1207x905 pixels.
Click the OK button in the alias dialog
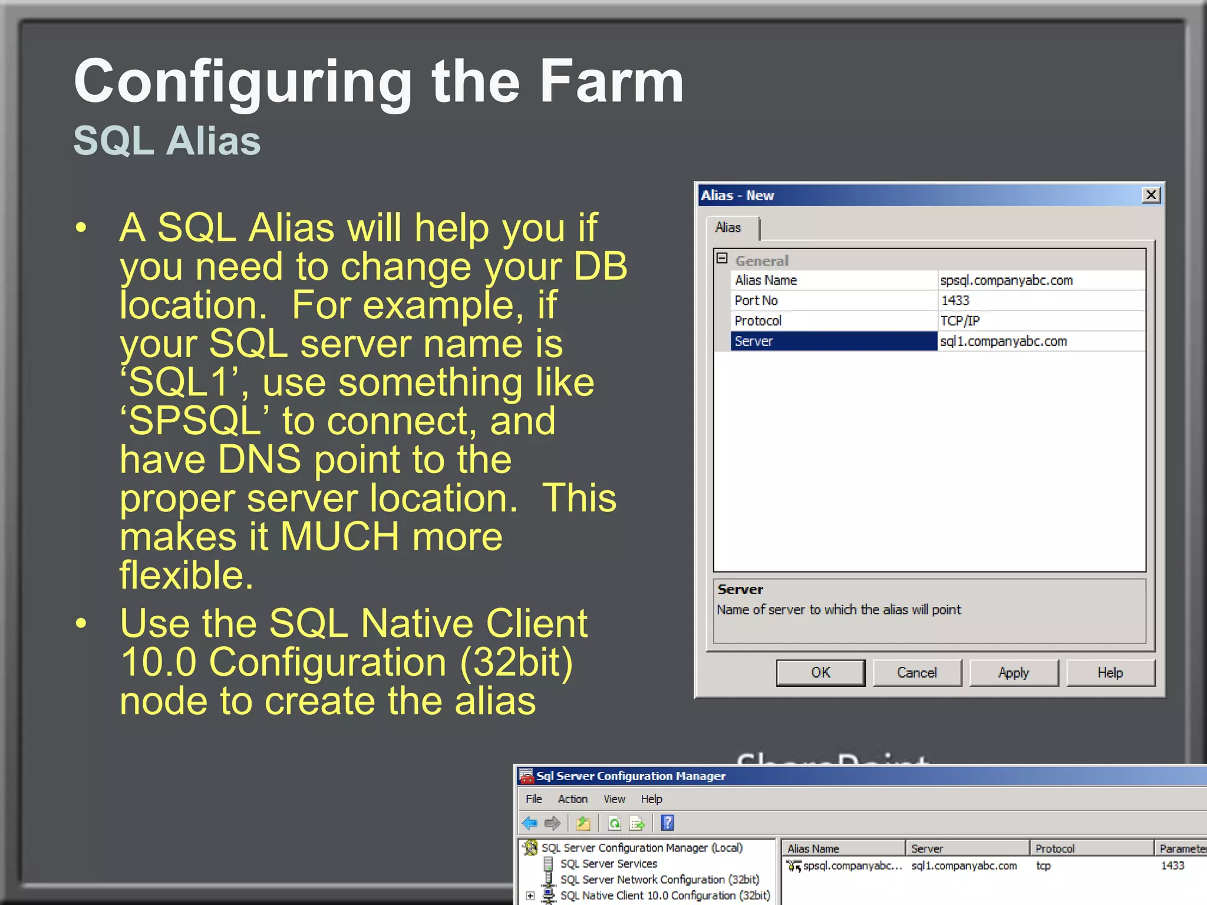pyautogui.click(x=820, y=672)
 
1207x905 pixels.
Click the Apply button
pyautogui.click(x=1013, y=672)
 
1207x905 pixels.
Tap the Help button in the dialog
pyautogui.click(x=1110, y=672)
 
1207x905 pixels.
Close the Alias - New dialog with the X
pyautogui.click(x=1150, y=195)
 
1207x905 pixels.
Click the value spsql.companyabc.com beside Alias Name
pyautogui.click(x=1006, y=280)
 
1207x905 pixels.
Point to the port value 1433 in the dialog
pyautogui.click(x=955, y=300)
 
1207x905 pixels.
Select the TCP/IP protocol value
pyautogui.click(x=959, y=321)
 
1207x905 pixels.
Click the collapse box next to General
pyautogui.click(x=722, y=258)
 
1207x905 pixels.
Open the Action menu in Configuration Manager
pyautogui.click(x=572, y=799)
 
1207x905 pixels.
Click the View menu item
pyautogui.click(x=614, y=799)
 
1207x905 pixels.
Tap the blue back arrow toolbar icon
pyautogui.click(x=529, y=823)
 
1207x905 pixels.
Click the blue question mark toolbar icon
pyautogui.click(x=667, y=823)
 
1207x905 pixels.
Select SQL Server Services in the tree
pyautogui.click(x=608, y=864)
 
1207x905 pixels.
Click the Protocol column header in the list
pyautogui.click(x=1054, y=848)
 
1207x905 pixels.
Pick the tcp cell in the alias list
pyautogui.click(x=1043, y=866)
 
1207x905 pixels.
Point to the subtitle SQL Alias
pyautogui.click(x=167, y=141)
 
